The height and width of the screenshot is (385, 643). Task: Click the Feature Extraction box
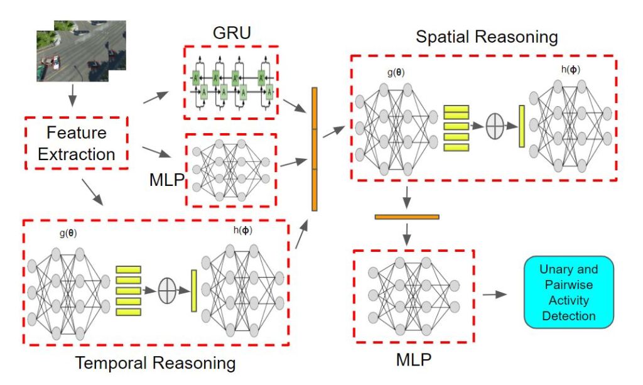pyautogui.click(x=77, y=143)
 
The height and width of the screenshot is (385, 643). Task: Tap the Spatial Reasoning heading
pyautogui.click(x=487, y=36)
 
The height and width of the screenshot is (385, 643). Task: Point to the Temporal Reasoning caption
pyautogui.click(x=155, y=362)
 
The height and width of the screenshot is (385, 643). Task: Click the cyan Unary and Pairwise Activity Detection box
pyautogui.click(x=568, y=292)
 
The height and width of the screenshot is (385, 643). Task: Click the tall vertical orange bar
pyautogui.click(x=315, y=149)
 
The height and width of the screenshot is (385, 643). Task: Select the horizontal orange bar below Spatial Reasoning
pyautogui.click(x=406, y=217)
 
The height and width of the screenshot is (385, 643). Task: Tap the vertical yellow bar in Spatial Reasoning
pyautogui.click(x=521, y=126)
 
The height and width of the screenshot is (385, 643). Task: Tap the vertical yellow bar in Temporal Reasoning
pyautogui.click(x=194, y=290)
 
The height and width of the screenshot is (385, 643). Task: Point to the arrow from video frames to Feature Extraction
pyautogui.click(x=73, y=95)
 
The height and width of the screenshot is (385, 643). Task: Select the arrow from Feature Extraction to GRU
pyautogui.click(x=155, y=97)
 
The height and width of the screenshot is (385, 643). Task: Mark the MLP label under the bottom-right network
pyautogui.click(x=414, y=361)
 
